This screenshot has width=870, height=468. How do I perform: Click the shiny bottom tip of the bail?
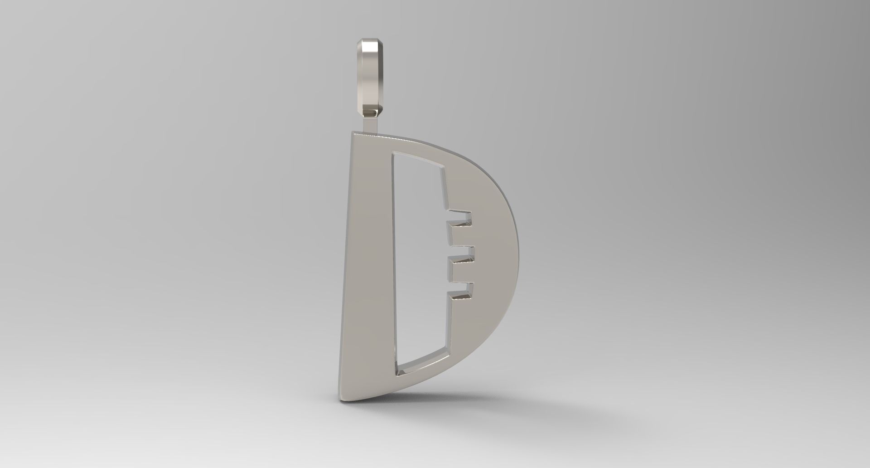tap(371, 112)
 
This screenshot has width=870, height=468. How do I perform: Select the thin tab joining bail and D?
tap(370, 124)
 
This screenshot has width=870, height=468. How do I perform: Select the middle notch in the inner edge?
tap(461, 253)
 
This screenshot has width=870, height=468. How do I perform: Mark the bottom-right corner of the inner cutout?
tap(449, 347)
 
